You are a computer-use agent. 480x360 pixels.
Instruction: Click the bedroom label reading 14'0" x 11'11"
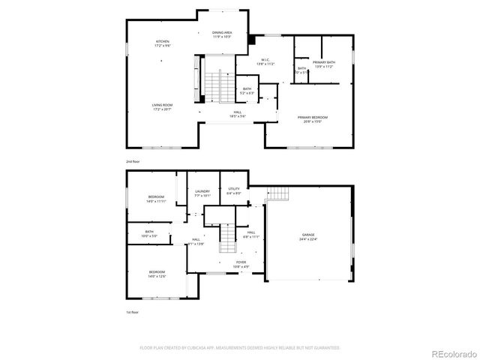click(x=156, y=196)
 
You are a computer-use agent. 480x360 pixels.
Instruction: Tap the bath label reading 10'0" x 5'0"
click(x=149, y=232)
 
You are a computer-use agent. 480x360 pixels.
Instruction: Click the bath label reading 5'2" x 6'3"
click(x=247, y=89)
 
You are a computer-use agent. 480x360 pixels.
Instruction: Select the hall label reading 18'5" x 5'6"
click(x=237, y=112)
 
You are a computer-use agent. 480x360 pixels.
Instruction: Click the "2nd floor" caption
click(x=133, y=161)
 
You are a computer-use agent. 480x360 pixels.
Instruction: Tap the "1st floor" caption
click(x=132, y=312)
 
